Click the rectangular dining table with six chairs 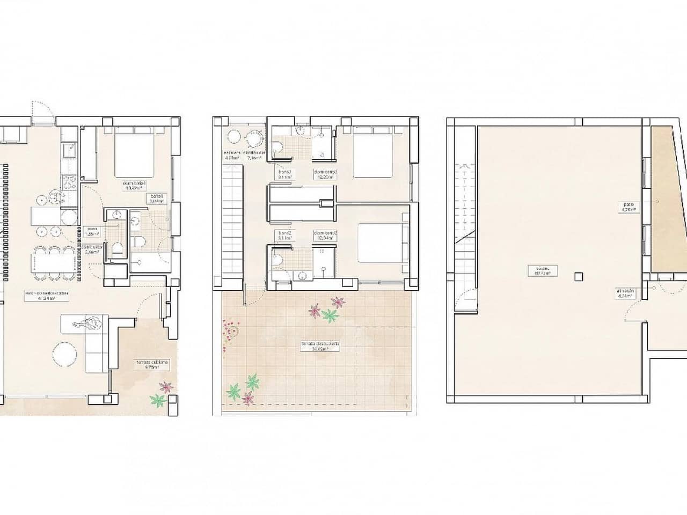tap(53, 263)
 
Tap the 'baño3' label tap(284, 172)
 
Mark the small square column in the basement tap(578, 277)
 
